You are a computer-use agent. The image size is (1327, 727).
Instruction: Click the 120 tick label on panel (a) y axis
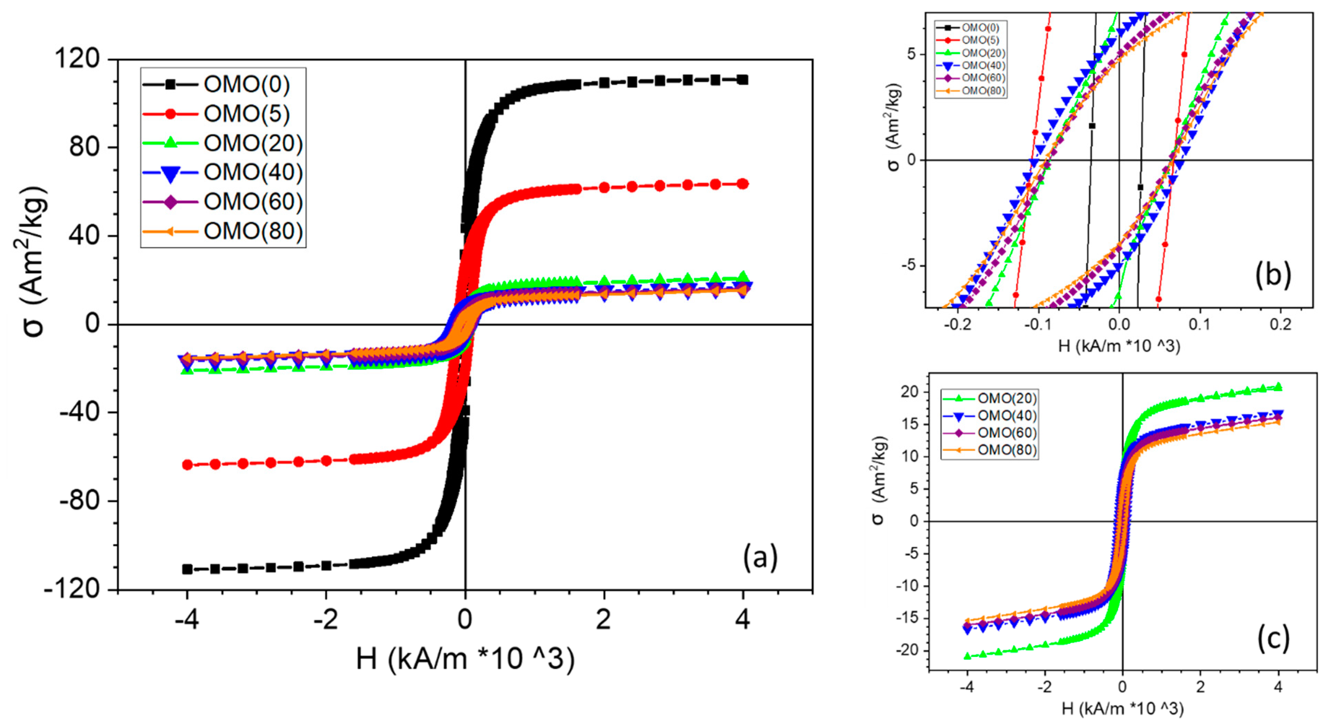tap(77, 59)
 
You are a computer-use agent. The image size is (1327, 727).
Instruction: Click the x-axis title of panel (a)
tap(465, 658)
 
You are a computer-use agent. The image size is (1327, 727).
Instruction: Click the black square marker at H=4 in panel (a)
tap(742, 80)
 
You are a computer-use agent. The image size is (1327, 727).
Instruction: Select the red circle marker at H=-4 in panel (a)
tap(188, 465)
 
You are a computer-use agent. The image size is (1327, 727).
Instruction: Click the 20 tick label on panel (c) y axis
tap(910, 391)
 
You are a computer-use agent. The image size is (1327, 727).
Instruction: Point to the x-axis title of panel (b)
tap(1119, 346)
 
